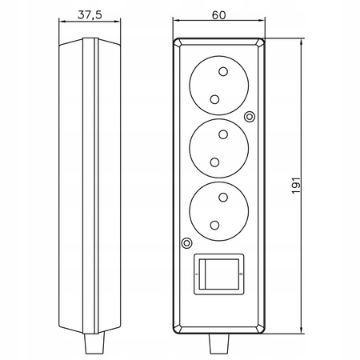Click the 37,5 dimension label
click(x=90, y=15)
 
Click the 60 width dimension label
click(x=218, y=15)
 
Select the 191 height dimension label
click(x=296, y=186)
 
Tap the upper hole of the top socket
click(x=223, y=71)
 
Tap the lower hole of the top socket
click(x=214, y=99)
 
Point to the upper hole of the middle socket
click(x=223, y=134)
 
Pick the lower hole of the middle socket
click(x=214, y=162)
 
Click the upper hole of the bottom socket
click(x=223, y=198)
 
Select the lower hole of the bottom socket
click(x=214, y=226)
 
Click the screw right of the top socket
click(x=250, y=117)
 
